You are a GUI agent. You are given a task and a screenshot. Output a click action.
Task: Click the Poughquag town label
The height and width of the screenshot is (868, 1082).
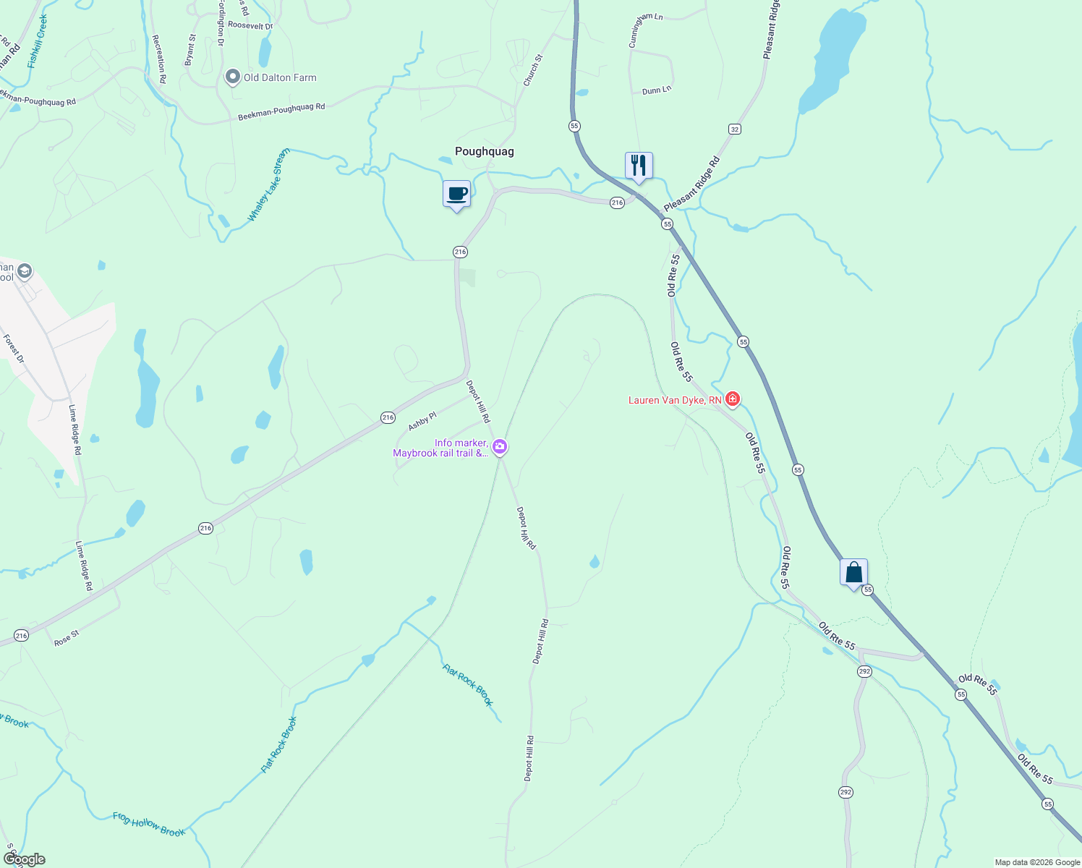(484, 151)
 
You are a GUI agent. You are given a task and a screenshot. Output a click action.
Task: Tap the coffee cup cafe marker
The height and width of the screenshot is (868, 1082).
(456, 194)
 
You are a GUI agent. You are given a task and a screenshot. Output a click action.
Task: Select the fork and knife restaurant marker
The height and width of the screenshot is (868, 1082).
(638, 166)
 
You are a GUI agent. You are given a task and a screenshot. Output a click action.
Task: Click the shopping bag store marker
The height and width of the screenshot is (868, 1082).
(853, 572)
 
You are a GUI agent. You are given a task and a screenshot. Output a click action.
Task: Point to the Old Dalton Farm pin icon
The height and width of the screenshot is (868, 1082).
(233, 77)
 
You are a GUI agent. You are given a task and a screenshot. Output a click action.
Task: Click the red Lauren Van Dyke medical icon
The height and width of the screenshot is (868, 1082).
(733, 399)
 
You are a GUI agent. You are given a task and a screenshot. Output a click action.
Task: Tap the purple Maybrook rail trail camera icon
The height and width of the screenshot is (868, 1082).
(500, 448)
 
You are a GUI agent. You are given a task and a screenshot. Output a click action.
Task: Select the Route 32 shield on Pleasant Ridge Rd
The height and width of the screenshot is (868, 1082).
(735, 129)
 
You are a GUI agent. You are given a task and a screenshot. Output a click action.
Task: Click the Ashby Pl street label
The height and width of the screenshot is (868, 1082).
(422, 422)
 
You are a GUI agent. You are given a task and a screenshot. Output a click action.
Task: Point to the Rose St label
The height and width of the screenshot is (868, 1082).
(67, 638)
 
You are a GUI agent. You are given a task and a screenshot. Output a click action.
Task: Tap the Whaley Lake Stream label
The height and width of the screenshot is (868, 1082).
(268, 185)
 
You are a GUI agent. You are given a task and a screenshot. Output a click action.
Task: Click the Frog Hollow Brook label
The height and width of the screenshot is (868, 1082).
(149, 825)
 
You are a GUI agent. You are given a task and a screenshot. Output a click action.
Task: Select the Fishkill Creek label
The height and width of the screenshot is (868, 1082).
(38, 41)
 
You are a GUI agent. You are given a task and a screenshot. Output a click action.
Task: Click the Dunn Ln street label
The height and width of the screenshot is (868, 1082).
(657, 90)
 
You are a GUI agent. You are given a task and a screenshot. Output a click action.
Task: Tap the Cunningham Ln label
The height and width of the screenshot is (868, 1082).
(645, 30)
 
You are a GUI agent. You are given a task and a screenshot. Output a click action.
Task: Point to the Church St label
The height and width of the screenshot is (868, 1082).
(533, 70)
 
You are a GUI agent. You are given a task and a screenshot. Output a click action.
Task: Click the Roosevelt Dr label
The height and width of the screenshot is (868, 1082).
(250, 25)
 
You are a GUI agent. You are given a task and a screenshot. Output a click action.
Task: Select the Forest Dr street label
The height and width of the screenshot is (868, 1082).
(14, 349)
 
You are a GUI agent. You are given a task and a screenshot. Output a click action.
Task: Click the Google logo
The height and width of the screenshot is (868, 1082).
(24, 859)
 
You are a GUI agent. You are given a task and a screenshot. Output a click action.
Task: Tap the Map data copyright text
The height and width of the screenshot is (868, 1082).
(1037, 862)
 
